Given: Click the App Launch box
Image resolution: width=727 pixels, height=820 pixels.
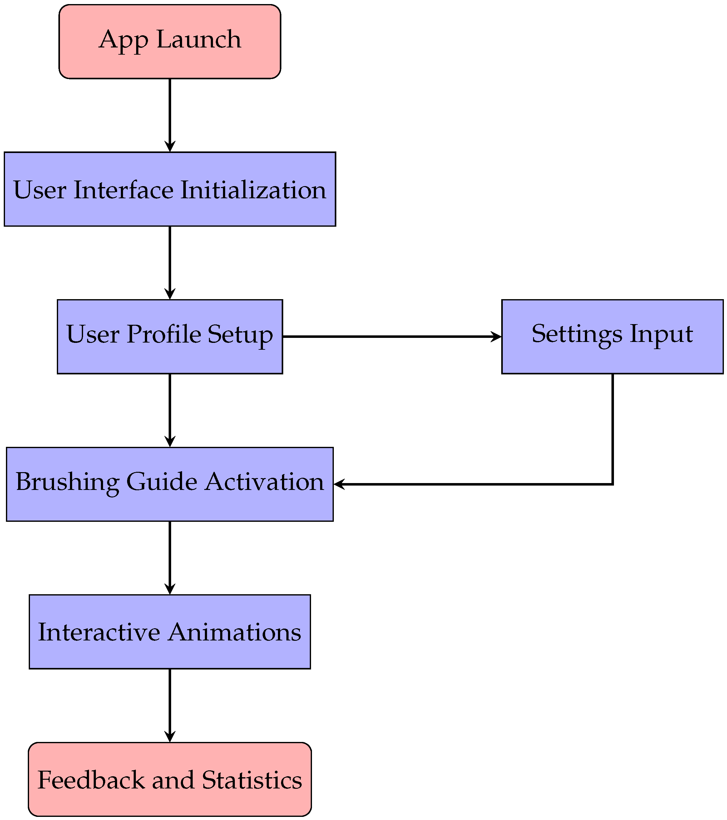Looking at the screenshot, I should tap(170, 41).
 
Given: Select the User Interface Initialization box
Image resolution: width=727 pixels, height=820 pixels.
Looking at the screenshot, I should tap(170, 189).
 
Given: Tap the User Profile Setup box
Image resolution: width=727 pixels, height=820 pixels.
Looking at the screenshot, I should tap(170, 337).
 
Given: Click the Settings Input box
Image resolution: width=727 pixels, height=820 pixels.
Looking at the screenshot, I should tap(612, 337).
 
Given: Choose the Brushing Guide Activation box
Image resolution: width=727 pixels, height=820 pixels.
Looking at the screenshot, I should tap(170, 484).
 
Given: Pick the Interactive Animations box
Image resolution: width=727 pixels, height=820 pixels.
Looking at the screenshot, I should tap(170, 631).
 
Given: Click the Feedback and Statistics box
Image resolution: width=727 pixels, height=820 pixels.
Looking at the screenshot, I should tap(170, 779).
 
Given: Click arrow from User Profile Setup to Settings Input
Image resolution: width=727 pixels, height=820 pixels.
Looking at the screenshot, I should tap(391, 337).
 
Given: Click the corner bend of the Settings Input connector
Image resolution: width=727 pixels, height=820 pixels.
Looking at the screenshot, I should tap(612, 484).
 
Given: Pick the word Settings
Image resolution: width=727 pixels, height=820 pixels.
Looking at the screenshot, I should tap(577, 334).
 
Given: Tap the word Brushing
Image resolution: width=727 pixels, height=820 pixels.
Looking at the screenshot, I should tap(67, 482).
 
